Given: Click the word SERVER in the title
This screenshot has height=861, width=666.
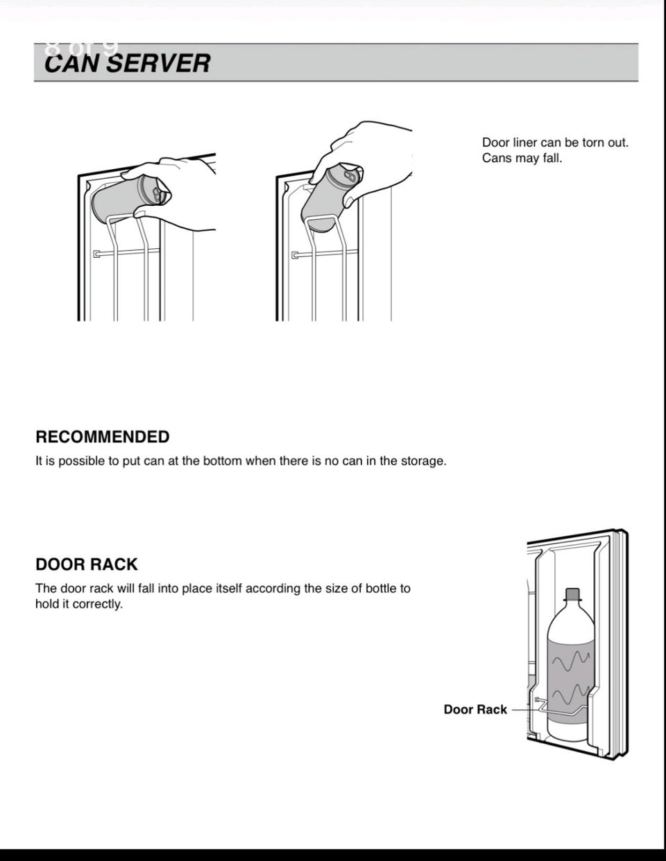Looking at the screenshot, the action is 158,63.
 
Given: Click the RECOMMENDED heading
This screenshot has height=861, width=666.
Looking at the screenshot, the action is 103,437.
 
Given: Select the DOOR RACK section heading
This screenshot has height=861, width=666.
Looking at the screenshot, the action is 87,564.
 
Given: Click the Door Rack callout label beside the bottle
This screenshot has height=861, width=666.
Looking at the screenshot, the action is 475,709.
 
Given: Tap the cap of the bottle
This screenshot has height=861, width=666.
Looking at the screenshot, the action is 572,594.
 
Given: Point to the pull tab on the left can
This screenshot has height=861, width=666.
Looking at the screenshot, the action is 157,193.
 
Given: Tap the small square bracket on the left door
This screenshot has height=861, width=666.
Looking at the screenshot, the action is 96,254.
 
